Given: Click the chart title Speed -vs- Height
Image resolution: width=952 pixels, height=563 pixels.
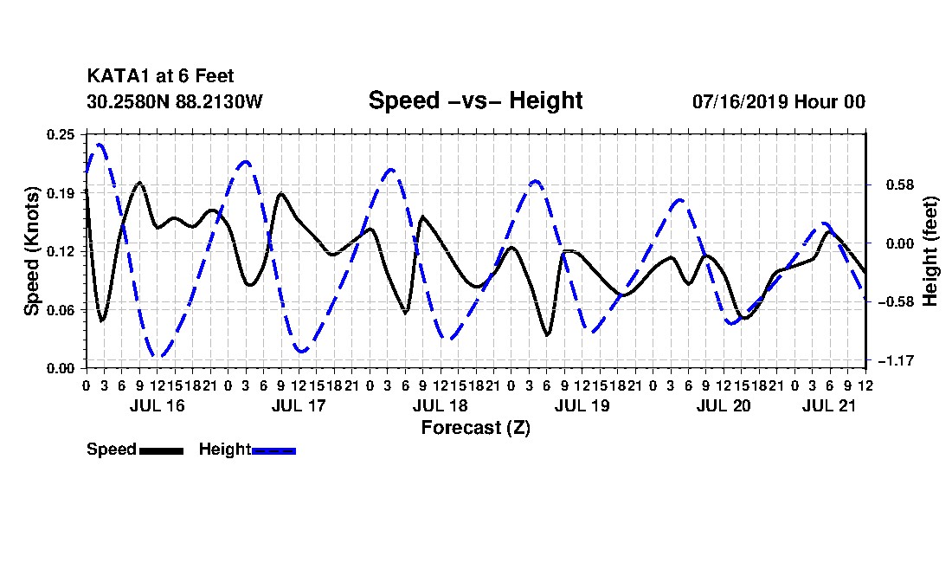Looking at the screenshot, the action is click(475, 100).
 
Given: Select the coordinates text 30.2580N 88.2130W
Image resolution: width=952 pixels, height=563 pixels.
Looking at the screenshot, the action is click(174, 101).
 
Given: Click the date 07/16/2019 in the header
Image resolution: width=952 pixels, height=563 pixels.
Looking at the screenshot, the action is click(740, 101).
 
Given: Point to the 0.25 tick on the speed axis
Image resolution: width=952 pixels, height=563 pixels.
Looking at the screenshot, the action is click(61, 134).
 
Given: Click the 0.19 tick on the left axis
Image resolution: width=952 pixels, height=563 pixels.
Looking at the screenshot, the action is click(61, 193).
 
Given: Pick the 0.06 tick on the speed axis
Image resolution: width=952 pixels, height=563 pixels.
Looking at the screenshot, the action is click(61, 310).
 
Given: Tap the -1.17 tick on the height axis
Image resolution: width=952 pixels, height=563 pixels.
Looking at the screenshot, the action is click(896, 361).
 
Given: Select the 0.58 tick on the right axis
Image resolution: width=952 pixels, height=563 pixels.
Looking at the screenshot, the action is click(900, 184).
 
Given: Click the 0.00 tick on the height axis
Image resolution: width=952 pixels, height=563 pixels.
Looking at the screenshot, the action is click(900, 243).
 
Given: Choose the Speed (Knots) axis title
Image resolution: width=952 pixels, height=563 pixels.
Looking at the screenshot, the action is click(31, 251).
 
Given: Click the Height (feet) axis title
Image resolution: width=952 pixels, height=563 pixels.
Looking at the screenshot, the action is click(930, 251).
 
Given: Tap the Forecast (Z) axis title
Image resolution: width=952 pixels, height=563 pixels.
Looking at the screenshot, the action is click(475, 428).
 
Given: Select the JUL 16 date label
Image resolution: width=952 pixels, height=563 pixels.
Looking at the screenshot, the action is click(157, 405).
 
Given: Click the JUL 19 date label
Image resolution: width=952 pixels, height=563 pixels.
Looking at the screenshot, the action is click(582, 405).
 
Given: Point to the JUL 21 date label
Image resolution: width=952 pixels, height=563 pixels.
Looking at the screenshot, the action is click(829, 405).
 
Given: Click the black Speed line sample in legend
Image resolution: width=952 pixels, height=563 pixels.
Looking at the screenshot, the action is click(161, 450).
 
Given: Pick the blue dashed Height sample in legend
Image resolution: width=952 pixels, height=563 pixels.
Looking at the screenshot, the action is click(273, 450).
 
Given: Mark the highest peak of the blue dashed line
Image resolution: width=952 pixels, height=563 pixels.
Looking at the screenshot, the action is click(99, 145).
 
